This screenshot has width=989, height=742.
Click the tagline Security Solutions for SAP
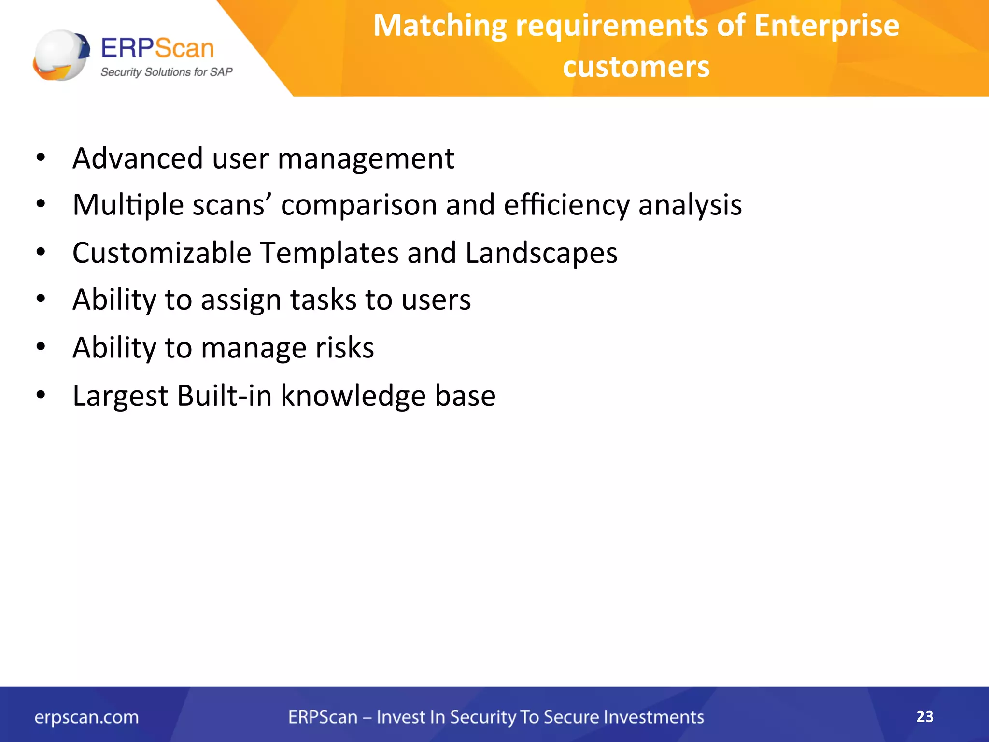point(166,72)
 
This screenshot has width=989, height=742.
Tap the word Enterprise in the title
point(826,26)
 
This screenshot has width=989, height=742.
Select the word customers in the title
point(636,67)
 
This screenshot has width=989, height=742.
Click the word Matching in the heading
point(440,26)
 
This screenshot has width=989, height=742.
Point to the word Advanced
point(138,158)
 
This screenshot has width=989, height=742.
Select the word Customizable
point(162,253)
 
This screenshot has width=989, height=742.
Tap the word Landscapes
point(541,253)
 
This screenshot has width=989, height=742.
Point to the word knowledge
point(353,396)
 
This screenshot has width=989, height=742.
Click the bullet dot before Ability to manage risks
point(41,346)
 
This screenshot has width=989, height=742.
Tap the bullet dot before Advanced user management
point(41,157)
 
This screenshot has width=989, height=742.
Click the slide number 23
point(924,716)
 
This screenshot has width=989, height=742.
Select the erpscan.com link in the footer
point(86,717)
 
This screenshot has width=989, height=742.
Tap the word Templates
point(329,253)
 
